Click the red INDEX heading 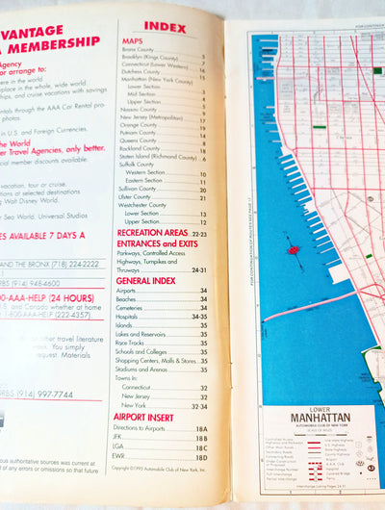click(x=164, y=26)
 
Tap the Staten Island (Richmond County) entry click(x=154, y=156)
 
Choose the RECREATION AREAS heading click(x=152, y=233)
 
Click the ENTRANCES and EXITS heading click(x=157, y=244)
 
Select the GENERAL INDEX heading click(x=146, y=280)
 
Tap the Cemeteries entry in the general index click(x=134, y=307)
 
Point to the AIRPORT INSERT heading click(x=145, y=417)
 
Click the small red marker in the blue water click(x=290, y=249)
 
